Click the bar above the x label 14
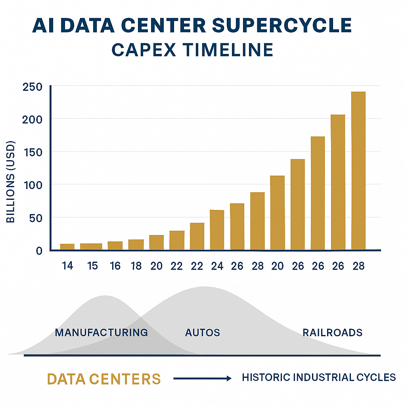[x=67, y=247]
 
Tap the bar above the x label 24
[x=217, y=230]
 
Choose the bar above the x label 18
[x=136, y=245]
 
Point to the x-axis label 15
[x=92, y=266]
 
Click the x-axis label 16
[x=115, y=266]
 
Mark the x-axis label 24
[x=217, y=266]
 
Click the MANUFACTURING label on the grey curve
[x=101, y=332]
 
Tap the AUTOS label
[x=202, y=332]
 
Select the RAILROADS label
[x=332, y=332]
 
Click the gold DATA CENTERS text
[x=104, y=379]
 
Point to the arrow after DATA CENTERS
[x=202, y=379]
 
